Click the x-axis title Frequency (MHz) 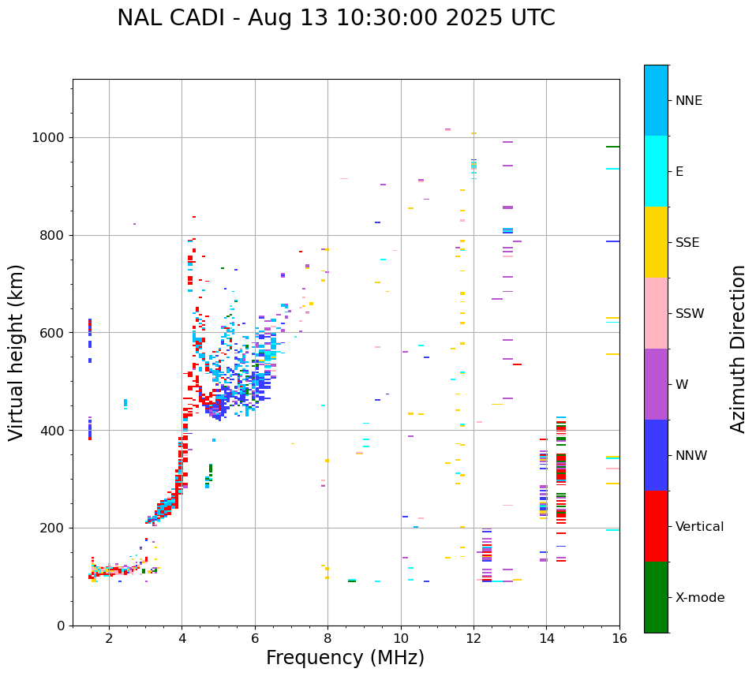click(x=345, y=658)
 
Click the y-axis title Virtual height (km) click(x=17, y=353)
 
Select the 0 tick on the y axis click(x=61, y=626)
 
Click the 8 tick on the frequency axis click(x=327, y=638)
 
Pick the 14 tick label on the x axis click(x=546, y=638)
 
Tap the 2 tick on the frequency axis click(x=109, y=638)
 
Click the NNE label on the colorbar click(x=688, y=101)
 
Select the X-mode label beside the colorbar click(x=699, y=598)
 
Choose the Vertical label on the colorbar click(x=699, y=527)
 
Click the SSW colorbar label click(x=690, y=314)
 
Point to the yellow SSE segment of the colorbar click(x=656, y=242)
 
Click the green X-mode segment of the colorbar click(x=656, y=597)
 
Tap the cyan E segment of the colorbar click(x=656, y=171)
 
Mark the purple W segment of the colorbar click(x=656, y=384)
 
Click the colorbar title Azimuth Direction click(x=738, y=349)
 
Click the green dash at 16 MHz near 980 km click(x=612, y=147)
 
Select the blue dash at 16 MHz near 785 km click(x=612, y=241)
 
